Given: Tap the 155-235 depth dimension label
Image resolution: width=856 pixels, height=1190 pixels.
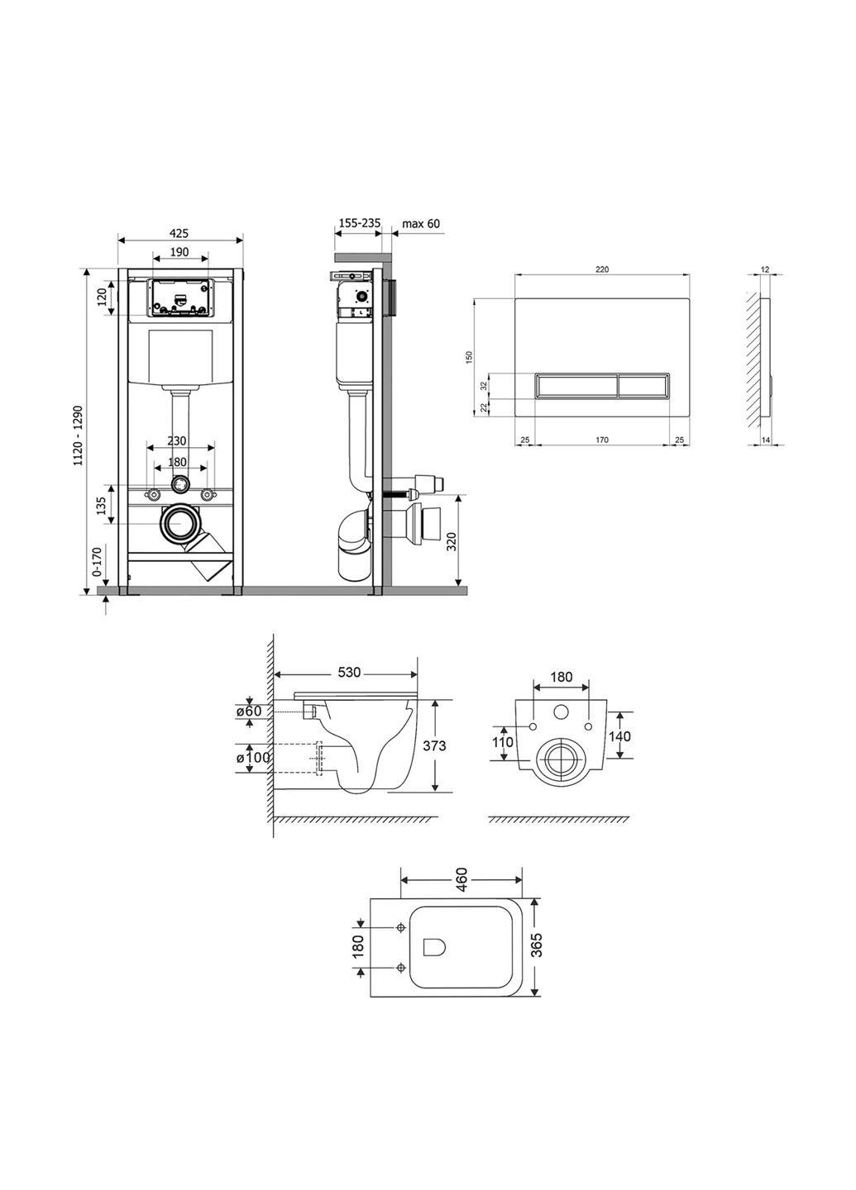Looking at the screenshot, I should (359, 223).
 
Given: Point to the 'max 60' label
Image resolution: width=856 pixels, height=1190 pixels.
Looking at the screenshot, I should (421, 223).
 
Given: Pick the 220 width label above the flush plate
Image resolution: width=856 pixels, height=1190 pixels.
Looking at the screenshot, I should (601, 269).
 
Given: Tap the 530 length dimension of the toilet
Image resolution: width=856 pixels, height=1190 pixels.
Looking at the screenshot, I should (350, 673).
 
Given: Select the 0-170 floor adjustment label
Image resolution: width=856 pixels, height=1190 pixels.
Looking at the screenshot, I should (97, 561).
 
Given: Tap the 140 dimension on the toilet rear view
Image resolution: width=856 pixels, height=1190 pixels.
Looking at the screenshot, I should (620, 735).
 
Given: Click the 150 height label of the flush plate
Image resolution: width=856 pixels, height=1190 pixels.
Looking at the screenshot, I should (469, 357).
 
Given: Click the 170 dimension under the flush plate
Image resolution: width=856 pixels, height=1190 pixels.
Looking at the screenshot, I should (601, 440).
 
